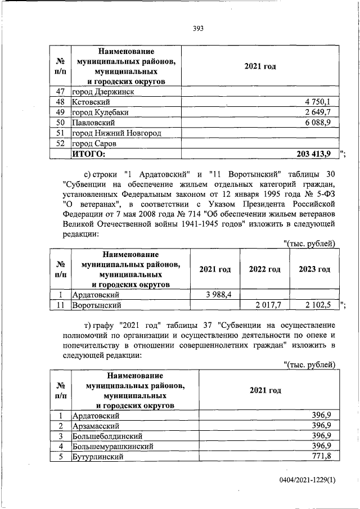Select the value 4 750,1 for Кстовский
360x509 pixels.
point(321,102)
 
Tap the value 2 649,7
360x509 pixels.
point(321,112)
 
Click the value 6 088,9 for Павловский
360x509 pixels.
point(321,122)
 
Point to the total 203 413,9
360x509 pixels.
point(317,153)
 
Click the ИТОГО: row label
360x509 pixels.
point(89,153)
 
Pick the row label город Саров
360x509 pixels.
point(93,143)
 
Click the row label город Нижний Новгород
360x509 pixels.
point(116,133)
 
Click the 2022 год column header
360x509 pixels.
point(264,269)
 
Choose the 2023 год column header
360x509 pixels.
point(314,269)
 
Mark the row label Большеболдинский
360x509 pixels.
point(107,435)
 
